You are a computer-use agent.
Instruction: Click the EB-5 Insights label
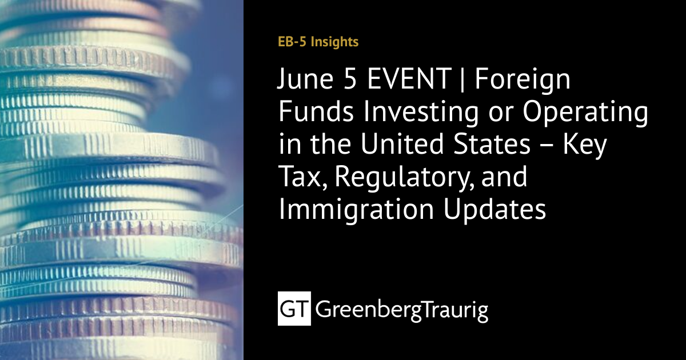point(318,42)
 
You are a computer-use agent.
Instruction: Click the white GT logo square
point(294,309)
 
